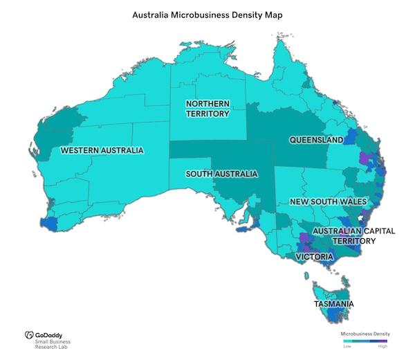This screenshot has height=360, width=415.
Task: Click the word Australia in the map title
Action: (154, 13)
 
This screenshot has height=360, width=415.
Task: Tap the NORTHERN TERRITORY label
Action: (207, 109)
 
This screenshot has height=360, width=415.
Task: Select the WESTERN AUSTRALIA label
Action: (102, 150)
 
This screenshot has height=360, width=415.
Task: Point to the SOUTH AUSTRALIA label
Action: (221, 174)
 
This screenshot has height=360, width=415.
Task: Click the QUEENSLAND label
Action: (316, 140)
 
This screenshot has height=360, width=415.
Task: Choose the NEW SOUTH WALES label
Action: (328, 202)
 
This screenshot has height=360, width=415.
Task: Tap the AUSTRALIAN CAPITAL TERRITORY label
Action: (353, 235)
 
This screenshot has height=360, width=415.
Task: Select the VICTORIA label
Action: (315, 257)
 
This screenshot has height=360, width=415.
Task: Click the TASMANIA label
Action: (334, 304)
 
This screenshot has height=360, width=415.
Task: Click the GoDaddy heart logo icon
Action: (29, 335)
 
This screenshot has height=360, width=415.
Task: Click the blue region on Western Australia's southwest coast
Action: (50, 224)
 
